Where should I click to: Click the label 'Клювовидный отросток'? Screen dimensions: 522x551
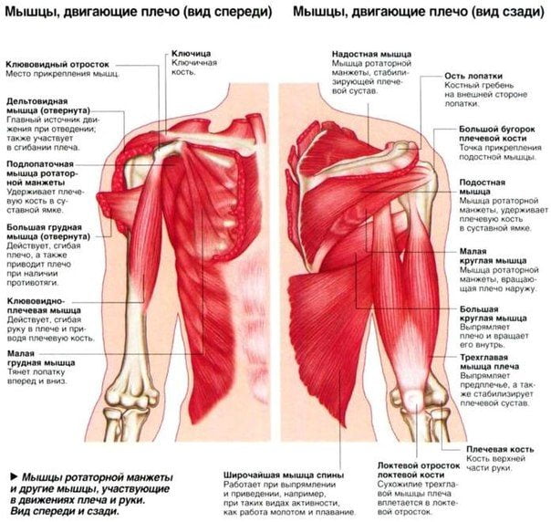57,65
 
